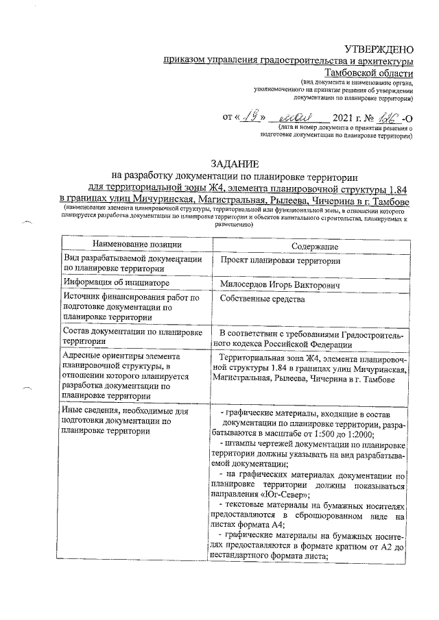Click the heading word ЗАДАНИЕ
[235, 164]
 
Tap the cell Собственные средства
[263, 299]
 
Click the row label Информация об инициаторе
[116, 282]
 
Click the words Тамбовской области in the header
[368, 73]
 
